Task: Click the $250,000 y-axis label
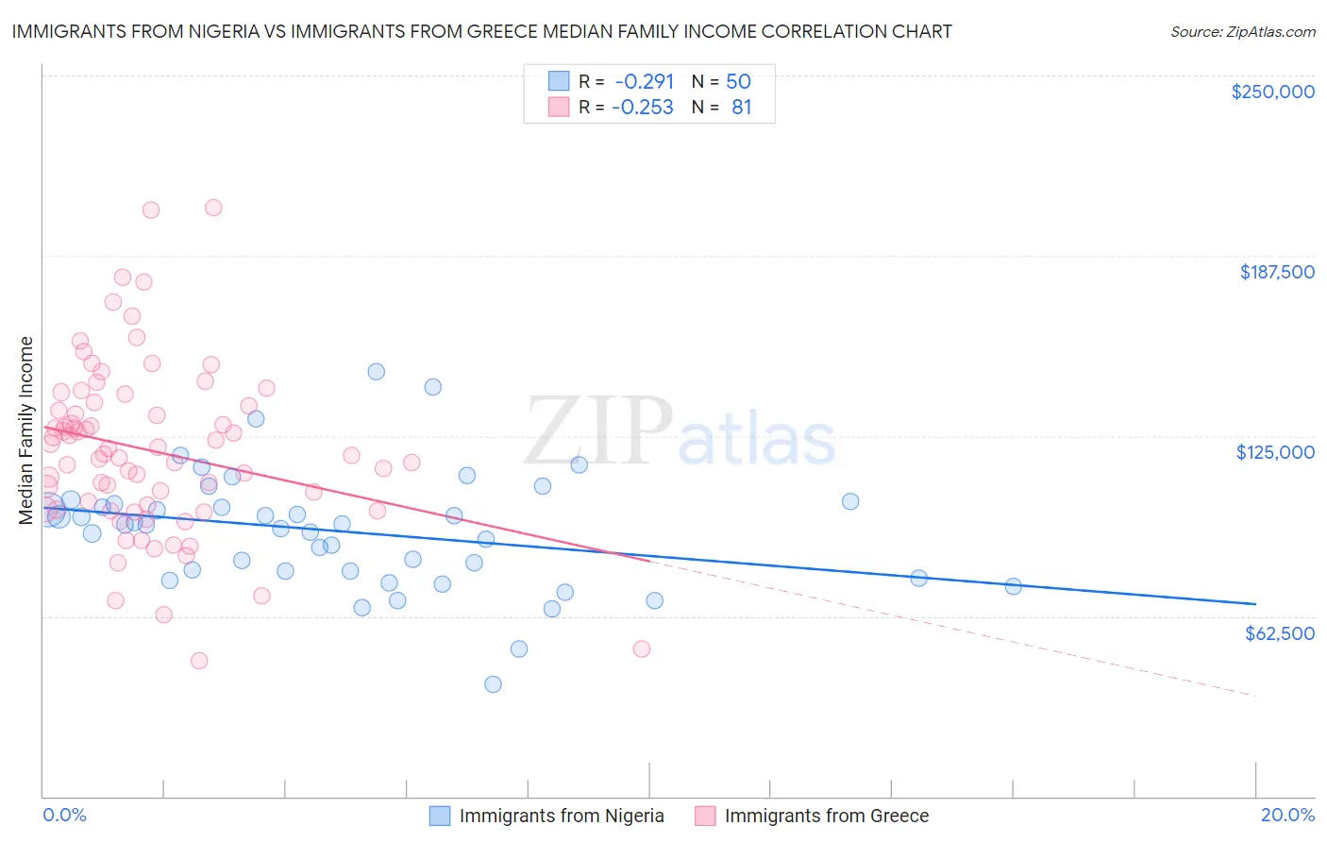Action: (1272, 92)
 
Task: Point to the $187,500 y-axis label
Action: (1276, 272)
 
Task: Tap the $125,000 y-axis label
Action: (1275, 452)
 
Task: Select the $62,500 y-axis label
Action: (1279, 633)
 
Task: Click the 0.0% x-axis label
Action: (64, 815)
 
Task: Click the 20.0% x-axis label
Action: (1287, 815)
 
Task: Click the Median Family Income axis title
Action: (26, 430)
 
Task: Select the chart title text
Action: (481, 31)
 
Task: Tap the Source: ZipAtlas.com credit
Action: (1242, 31)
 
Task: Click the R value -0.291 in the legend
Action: (644, 81)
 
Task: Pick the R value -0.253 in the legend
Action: (643, 107)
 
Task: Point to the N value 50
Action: (738, 81)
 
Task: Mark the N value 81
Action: (741, 107)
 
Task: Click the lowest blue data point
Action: (493, 684)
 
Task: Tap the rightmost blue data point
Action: (1013, 586)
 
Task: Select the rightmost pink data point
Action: (642, 648)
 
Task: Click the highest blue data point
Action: (377, 372)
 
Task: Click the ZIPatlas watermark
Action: (680, 431)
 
